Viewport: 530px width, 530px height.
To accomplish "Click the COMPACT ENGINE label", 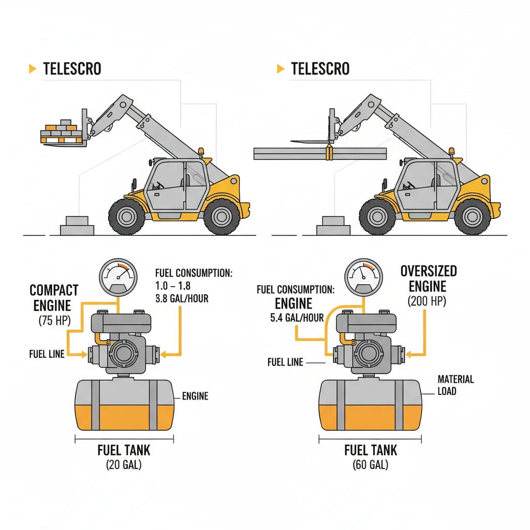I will point(54,298).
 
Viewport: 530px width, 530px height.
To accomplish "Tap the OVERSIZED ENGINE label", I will point(429,278).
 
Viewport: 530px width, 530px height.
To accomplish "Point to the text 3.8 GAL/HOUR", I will point(182,299).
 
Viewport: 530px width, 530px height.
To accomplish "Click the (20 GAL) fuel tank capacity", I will point(124,465).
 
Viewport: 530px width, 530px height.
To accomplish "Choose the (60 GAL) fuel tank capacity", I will point(371,465).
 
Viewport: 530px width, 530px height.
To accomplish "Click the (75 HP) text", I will point(54,320).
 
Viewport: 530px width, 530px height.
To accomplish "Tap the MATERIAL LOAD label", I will point(455,385).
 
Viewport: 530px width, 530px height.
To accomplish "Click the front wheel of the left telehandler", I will point(127,216).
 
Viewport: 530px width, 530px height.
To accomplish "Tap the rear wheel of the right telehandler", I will point(472,216).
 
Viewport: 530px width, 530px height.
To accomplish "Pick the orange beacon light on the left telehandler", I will point(201,151).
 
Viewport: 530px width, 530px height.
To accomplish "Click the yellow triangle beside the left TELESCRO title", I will point(33,69).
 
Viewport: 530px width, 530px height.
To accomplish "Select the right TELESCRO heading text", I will point(320,69).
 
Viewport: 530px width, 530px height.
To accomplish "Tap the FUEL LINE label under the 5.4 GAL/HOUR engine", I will point(285,362).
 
